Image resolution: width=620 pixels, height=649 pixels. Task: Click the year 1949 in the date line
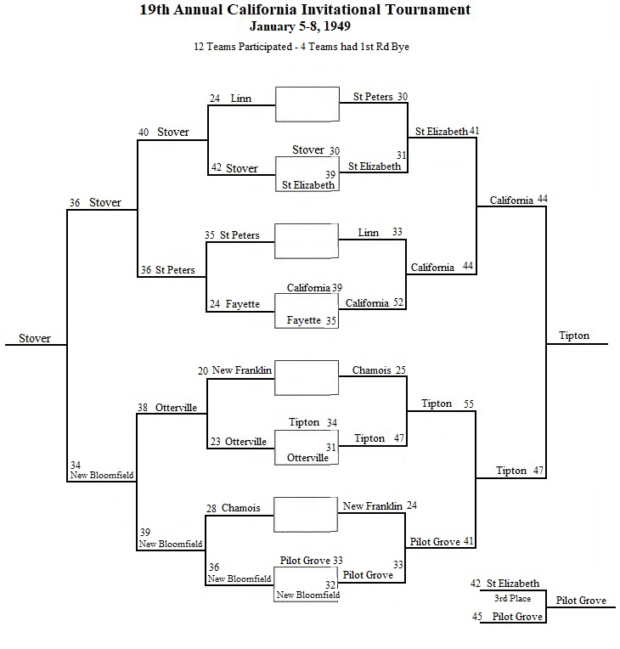click(337, 26)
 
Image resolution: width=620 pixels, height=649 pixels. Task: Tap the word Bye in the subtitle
click(400, 47)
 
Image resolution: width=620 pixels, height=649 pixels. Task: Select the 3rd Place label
click(512, 598)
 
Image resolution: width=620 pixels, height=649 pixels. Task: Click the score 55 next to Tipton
click(469, 404)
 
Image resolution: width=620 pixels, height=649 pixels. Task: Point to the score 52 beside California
click(398, 302)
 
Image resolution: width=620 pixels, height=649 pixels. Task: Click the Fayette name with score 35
click(304, 320)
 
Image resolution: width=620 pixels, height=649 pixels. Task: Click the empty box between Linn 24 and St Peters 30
click(307, 104)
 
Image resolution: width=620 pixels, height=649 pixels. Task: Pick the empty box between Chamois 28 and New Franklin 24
click(306, 515)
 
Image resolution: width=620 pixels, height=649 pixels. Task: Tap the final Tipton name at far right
click(574, 336)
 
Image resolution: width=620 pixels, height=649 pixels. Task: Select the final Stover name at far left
click(35, 339)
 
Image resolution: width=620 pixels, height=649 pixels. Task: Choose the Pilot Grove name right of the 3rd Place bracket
click(581, 601)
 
